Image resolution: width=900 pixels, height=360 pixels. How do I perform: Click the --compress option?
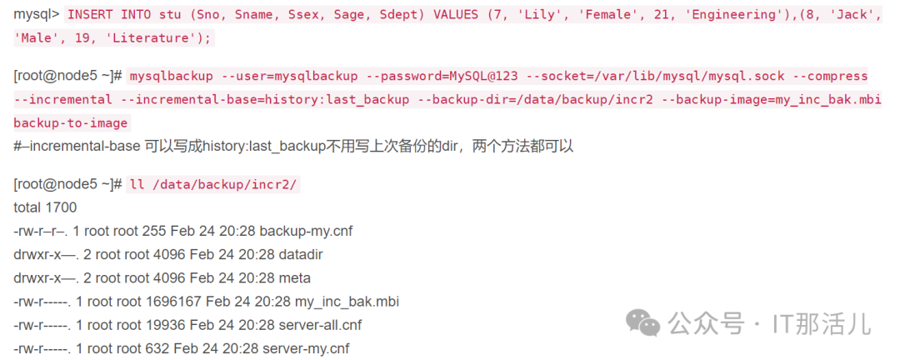point(831,76)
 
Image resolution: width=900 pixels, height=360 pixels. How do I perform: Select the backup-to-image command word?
point(72,123)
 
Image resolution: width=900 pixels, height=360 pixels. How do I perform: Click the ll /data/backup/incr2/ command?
point(212,184)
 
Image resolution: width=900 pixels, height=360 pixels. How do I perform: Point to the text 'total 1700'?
point(45,207)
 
